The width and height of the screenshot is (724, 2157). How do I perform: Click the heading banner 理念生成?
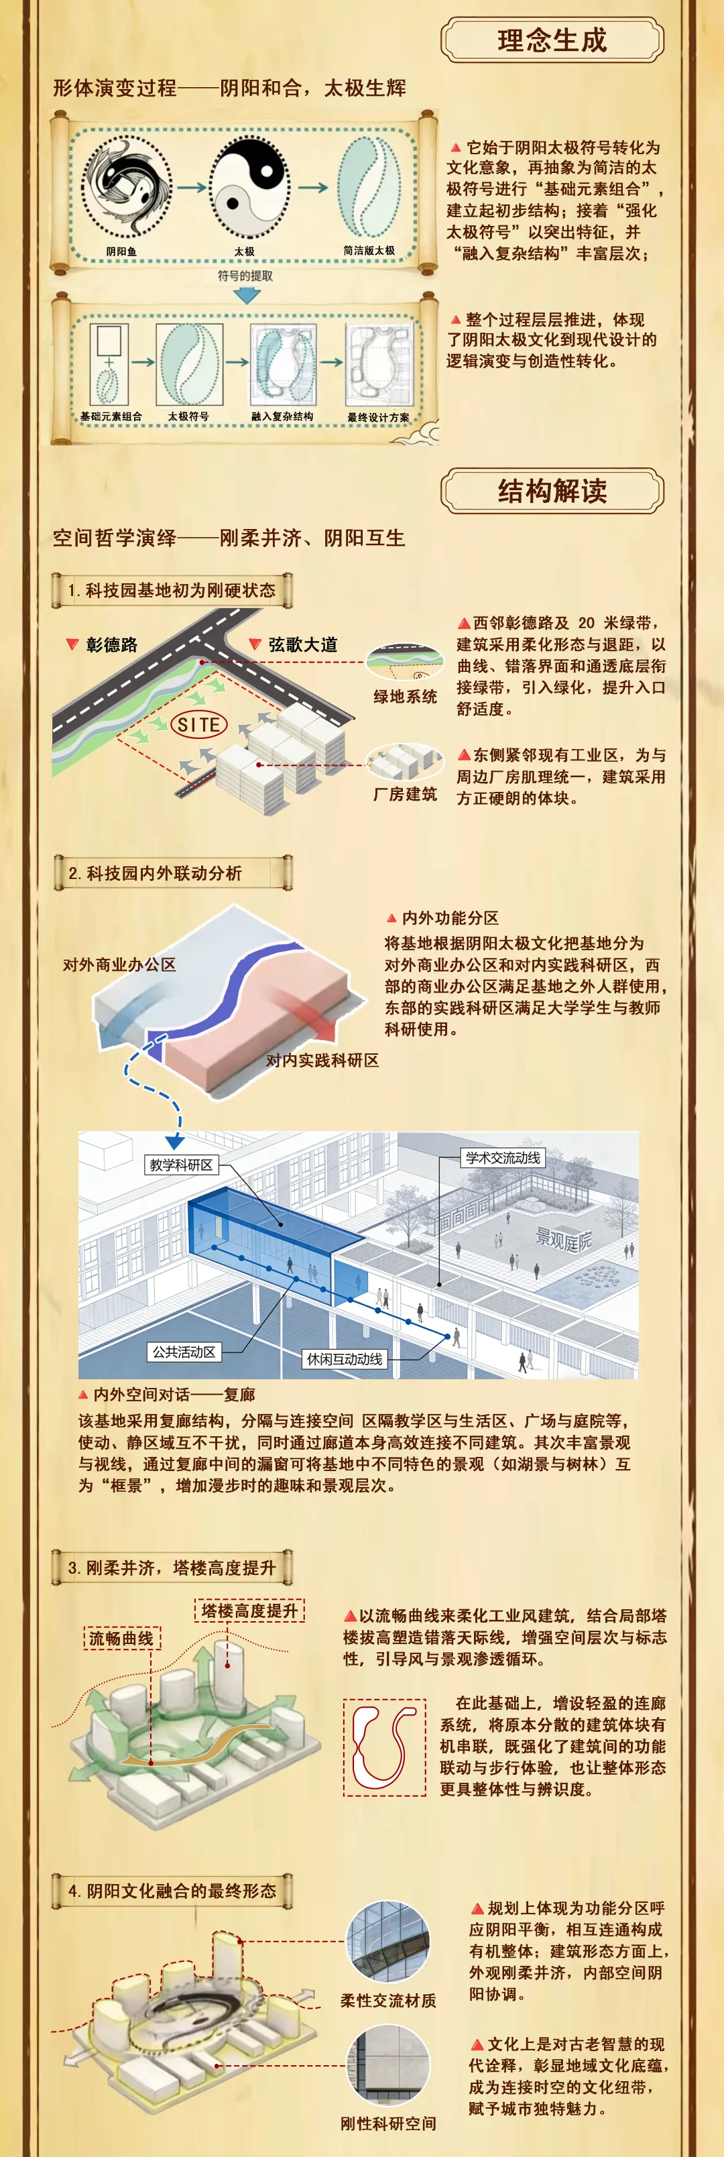(x=552, y=40)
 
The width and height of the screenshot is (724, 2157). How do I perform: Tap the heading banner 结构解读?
(x=552, y=491)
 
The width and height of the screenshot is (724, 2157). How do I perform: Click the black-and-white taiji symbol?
(x=249, y=189)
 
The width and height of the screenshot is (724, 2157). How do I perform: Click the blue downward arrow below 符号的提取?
(x=246, y=295)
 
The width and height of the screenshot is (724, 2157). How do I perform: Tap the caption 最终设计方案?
(x=378, y=417)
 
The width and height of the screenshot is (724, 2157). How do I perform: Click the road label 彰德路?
(x=111, y=645)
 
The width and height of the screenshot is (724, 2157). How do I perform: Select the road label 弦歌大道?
(x=303, y=645)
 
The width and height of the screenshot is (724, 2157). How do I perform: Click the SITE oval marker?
(x=199, y=724)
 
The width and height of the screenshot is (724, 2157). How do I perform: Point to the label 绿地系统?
(x=405, y=697)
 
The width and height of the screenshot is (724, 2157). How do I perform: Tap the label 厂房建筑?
(x=405, y=794)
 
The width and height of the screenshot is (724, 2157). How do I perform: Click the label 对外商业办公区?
(x=120, y=965)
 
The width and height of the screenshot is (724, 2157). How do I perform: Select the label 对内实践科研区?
(x=322, y=1060)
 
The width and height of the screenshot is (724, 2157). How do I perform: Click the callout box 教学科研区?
(x=181, y=1165)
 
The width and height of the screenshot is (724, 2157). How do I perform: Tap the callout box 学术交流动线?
(x=503, y=1158)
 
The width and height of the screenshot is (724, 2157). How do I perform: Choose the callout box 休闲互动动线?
(x=345, y=1359)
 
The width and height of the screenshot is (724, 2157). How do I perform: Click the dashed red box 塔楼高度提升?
(x=249, y=1611)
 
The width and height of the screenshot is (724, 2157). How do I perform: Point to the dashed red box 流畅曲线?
(x=121, y=1638)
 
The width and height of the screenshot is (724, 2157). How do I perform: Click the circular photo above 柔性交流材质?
(x=387, y=1942)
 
